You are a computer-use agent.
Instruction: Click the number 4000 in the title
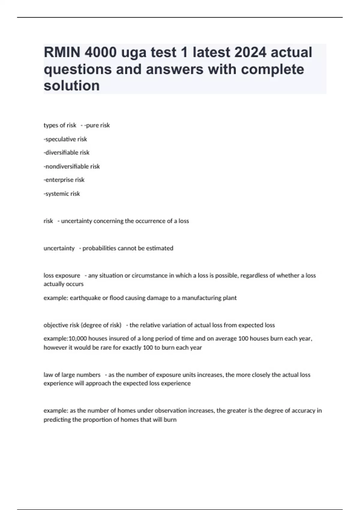(100, 52)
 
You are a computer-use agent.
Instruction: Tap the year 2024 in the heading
(250, 52)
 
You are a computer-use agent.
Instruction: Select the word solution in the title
(72, 86)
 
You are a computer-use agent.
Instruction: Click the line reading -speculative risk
(65, 139)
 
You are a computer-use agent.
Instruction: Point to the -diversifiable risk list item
(67, 153)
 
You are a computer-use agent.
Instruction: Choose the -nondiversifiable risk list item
(72, 166)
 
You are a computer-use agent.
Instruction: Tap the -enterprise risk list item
(64, 180)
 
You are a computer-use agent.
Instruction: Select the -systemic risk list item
(62, 194)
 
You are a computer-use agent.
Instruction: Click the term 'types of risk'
(60, 125)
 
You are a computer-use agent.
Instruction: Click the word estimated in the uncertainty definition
(160, 248)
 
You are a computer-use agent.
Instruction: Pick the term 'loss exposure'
(62, 276)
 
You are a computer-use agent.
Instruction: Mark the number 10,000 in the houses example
(78, 339)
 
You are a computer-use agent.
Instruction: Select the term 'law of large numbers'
(72, 375)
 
